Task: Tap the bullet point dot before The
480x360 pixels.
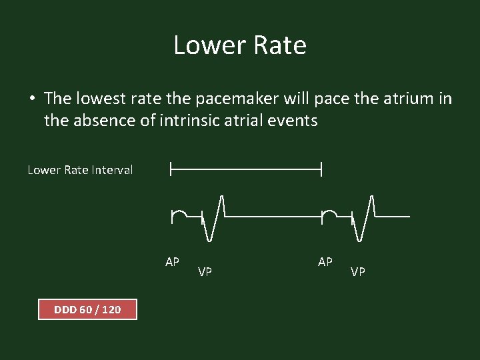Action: click(32, 99)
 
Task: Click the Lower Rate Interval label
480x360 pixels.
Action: click(80, 170)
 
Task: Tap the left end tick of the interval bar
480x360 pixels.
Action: click(171, 170)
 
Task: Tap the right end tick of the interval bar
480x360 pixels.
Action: click(321, 170)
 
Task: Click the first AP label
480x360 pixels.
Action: click(172, 262)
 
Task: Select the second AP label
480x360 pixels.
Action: click(325, 262)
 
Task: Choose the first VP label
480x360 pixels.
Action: click(205, 272)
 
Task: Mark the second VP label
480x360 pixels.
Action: click(358, 272)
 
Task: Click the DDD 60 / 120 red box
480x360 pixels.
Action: click(87, 309)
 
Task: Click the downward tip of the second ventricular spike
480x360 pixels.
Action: click(361, 239)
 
